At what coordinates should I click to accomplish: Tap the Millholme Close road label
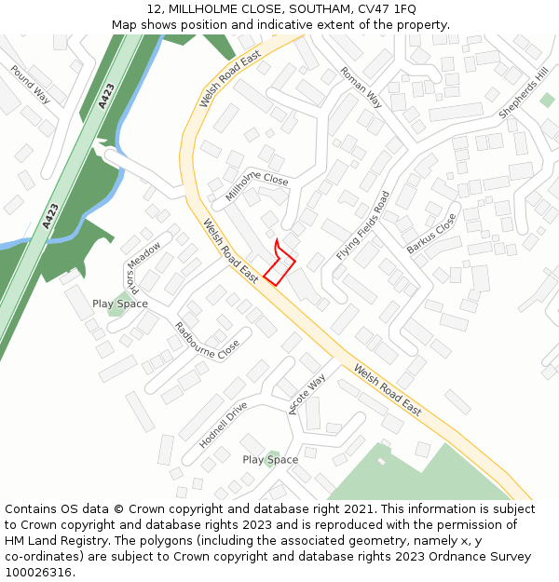coord(257,186)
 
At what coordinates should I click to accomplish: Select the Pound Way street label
coord(30,84)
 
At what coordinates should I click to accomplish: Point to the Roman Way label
coord(361,87)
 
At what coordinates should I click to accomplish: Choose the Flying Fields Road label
coord(363,226)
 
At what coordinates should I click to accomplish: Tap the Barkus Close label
coord(432,234)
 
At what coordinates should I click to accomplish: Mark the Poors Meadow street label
coord(144,268)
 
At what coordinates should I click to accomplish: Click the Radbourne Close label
coord(207,342)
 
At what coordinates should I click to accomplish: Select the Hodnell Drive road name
coord(224,426)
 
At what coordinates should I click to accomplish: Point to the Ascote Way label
coord(307,395)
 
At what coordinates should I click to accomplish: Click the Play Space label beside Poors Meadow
coord(120,305)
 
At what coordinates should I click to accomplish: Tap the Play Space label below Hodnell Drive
coord(270,460)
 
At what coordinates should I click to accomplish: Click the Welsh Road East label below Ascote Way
coord(387,389)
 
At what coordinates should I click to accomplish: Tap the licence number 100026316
coord(40,572)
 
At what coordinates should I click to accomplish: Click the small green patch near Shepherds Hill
coord(547,100)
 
